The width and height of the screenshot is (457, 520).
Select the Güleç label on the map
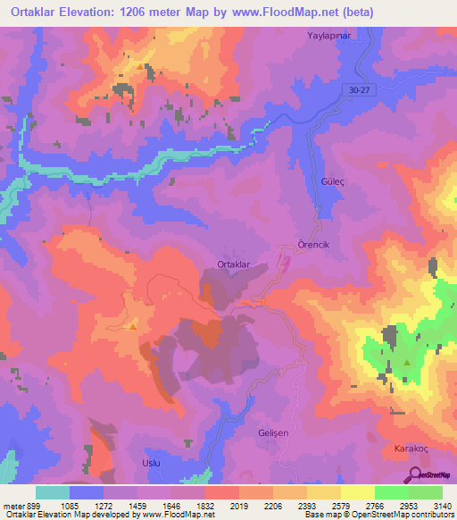(x=332, y=180)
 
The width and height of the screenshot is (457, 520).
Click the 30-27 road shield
(x=361, y=88)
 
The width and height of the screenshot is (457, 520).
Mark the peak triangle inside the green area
(x=407, y=363)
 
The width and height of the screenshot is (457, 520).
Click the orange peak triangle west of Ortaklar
(x=133, y=326)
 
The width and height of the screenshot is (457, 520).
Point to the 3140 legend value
(x=441, y=505)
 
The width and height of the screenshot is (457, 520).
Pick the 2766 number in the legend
(x=375, y=505)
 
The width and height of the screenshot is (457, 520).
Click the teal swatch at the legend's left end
(x=53, y=492)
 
